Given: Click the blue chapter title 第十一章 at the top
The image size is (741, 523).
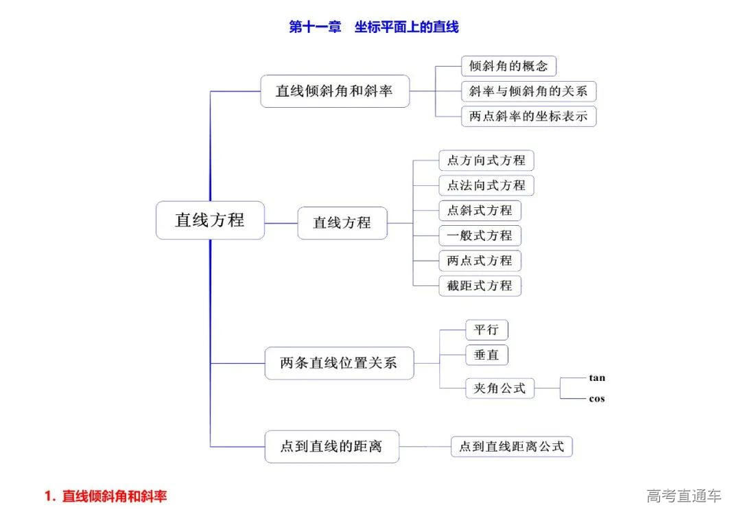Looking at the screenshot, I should point(315,27).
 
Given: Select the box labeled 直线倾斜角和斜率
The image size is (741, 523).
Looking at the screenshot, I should point(335,91).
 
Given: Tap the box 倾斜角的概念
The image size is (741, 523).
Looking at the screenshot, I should point(508,66).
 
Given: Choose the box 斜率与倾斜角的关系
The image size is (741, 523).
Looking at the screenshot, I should point(528,91).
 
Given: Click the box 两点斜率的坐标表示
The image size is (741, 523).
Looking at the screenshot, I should point(528,116).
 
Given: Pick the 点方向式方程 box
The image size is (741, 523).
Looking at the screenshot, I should point(486,161).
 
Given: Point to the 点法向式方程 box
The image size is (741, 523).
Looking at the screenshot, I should point(486,185).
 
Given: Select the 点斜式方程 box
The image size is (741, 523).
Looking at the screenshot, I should point(480,210).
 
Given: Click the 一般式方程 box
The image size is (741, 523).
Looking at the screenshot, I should point(480,235).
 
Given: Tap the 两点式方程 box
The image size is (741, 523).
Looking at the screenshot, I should point(480,261).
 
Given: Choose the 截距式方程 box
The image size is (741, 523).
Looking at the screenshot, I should point(480,286).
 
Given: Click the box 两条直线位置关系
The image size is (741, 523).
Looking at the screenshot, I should point(340,363).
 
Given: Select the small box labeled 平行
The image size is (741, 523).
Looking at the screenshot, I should point(486,330).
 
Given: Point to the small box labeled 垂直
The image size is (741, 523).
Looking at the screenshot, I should point(486,355).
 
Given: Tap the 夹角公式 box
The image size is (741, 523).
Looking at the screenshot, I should point(499,388).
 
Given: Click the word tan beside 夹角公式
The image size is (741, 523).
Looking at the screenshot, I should point(597,378).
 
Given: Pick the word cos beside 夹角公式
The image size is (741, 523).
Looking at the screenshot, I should point(597,399).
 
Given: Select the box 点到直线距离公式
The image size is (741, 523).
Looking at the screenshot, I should point(512,447).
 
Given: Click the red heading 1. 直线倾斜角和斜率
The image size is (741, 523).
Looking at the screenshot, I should point(106,496).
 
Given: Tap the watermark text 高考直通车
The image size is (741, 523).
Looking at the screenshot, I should point(683,496).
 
